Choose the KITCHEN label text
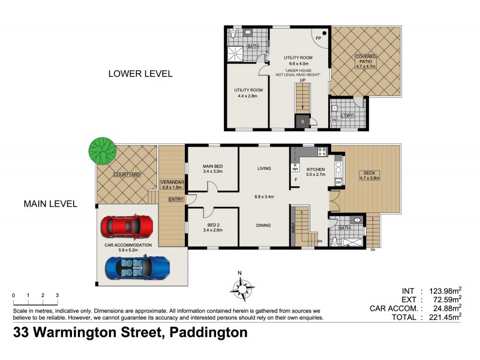click(x=315, y=170)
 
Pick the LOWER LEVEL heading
click(x=140, y=74)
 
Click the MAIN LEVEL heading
click(x=50, y=204)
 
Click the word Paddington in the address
click(x=209, y=333)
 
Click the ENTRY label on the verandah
click(x=176, y=199)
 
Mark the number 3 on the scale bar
click(x=57, y=296)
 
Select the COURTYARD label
click(x=127, y=175)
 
